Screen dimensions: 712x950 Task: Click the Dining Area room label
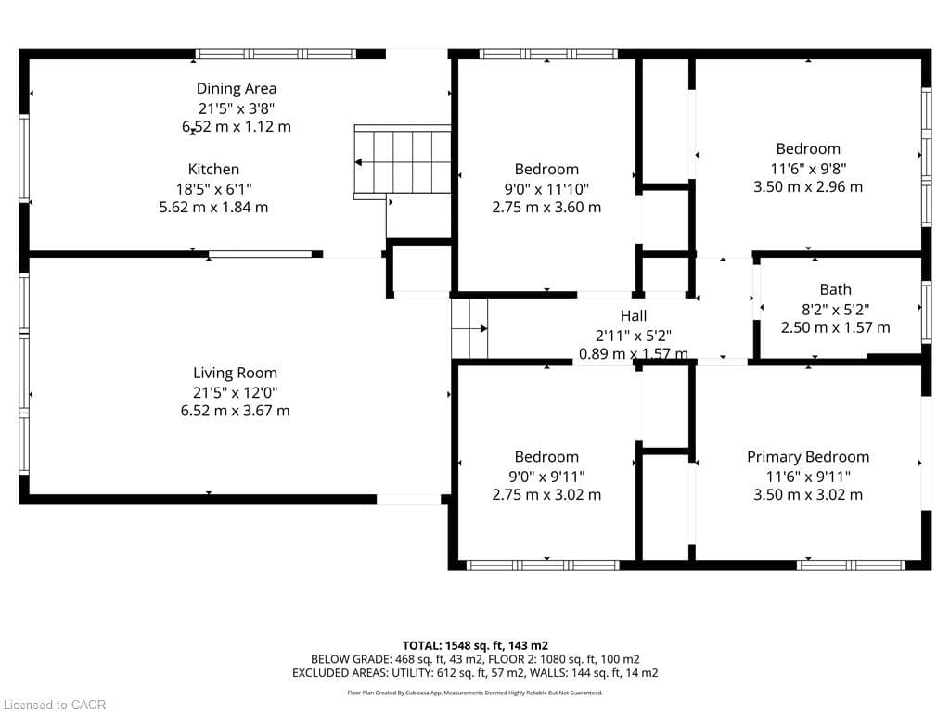[236, 89]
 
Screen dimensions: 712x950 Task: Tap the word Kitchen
[213, 169]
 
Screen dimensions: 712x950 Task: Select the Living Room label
[235, 373]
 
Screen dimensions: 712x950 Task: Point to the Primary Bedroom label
[808, 456]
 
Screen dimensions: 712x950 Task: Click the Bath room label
[835, 289]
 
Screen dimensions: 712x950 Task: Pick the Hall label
[634, 316]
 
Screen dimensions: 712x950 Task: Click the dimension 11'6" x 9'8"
[808, 168]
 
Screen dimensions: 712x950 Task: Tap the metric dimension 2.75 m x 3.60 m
[546, 207]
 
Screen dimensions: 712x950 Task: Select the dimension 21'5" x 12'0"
[235, 392]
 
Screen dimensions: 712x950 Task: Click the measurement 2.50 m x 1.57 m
[835, 327]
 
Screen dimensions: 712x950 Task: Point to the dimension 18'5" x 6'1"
[213, 188]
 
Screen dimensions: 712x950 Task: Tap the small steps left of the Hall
[469, 327]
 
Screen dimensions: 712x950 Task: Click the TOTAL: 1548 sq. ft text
[475, 645]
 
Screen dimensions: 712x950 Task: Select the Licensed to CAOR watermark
[55, 705]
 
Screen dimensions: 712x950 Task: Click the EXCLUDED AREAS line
[475, 673]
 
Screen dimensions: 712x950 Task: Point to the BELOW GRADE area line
[475, 659]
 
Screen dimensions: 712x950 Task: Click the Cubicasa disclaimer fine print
[475, 693]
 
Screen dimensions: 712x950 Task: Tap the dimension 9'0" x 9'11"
[546, 476]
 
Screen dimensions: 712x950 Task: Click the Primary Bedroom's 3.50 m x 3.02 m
[808, 494]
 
